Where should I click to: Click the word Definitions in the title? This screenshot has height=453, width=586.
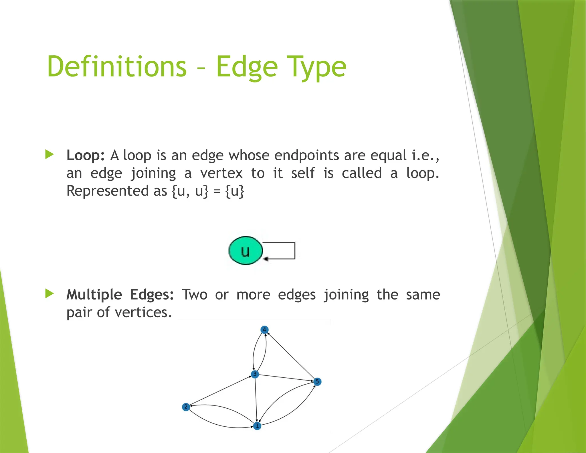[117, 66]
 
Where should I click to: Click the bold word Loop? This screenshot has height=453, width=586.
[85, 155]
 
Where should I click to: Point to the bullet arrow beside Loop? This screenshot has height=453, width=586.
[50, 155]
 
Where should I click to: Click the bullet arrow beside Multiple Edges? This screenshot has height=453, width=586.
[50, 294]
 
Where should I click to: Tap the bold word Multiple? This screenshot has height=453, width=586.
[94, 295]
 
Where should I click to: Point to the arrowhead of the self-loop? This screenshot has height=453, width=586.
[266, 259]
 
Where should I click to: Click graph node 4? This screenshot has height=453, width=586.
[264, 330]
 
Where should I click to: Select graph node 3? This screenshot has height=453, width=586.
[255, 374]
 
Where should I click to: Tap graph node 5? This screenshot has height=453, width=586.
[317, 382]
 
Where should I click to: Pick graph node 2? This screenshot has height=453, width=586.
[186, 407]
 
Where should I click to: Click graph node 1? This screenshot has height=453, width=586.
[257, 426]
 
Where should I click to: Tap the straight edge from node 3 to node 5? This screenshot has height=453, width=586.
[286, 378]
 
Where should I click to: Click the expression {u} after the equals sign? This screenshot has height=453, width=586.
[235, 191]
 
